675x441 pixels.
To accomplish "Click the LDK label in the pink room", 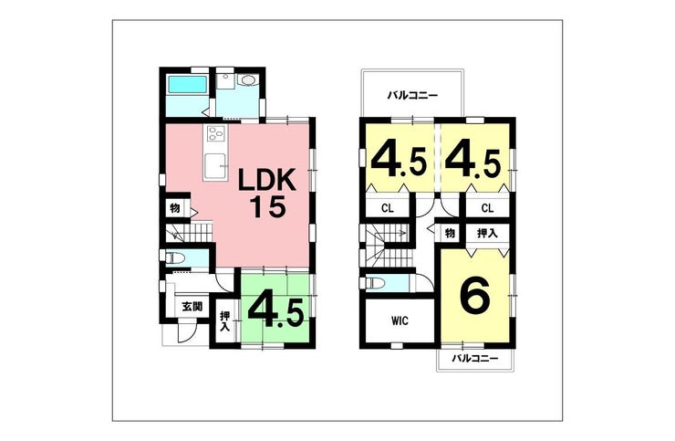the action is (267, 179).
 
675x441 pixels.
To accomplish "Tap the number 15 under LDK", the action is (268, 206).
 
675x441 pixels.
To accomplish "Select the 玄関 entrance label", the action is (192, 307).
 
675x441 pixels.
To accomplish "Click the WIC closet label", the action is (400, 320).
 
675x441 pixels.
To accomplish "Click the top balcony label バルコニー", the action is (412, 95).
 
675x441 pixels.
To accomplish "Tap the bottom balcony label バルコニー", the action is (475, 358).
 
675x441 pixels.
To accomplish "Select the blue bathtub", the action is (187, 85).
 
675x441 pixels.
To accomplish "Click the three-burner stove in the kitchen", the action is (215, 133).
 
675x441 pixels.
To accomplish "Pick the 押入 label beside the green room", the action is (224, 320).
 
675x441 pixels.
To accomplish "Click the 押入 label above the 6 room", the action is (487, 233).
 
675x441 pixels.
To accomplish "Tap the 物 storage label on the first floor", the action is (175, 208).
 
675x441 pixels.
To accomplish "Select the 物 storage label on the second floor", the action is (450, 233).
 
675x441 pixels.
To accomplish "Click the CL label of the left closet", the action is (388, 208).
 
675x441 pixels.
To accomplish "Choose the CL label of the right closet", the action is (487, 208).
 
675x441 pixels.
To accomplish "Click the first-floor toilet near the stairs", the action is (175, 257).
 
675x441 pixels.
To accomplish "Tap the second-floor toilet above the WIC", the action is (373, 283).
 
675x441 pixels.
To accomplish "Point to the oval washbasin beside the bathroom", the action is (248, 80).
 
